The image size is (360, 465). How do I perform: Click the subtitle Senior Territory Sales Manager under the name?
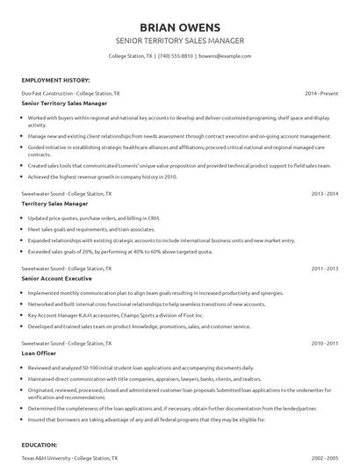[179, 40]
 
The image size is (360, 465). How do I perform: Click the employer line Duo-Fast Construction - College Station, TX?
[71, 92]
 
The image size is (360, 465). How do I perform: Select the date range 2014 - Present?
[321, 92]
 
